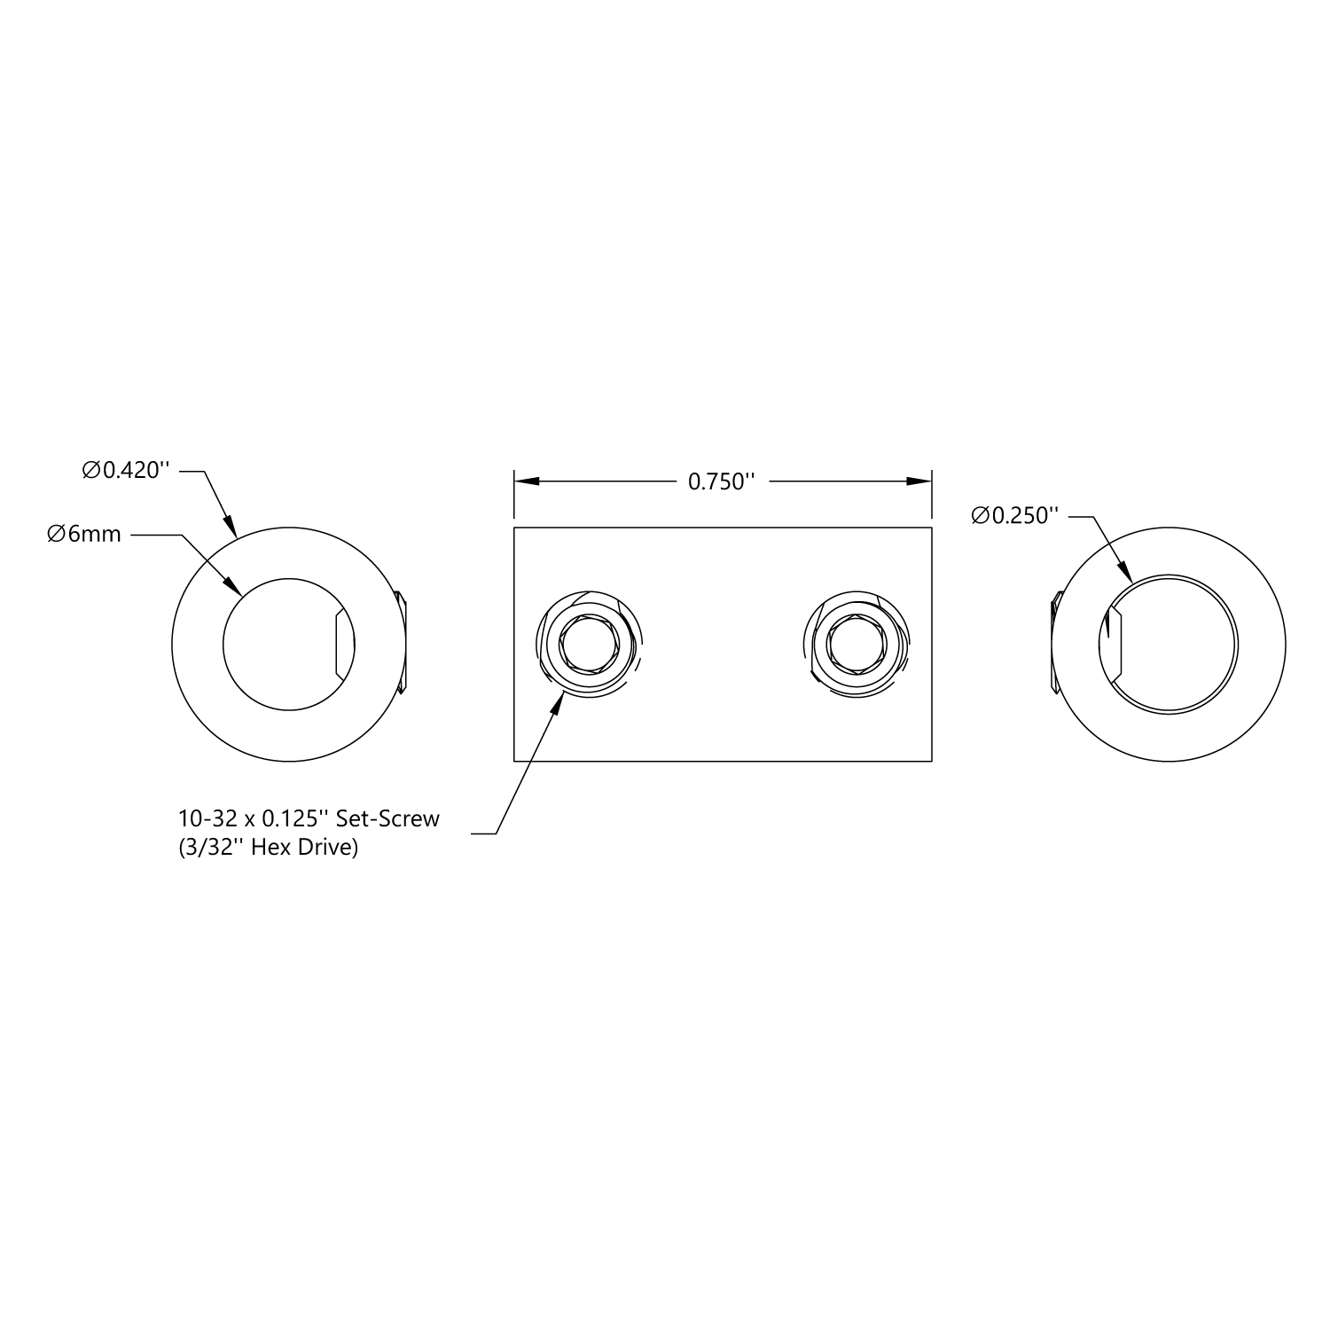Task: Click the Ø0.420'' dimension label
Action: click(x=126, y=471)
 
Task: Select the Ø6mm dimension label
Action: click(x=84, y=535)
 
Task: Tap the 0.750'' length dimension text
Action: click(x=722, y=481)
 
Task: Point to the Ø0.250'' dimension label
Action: click(x=1015, y=516)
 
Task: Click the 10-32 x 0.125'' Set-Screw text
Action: click(x=309, y=818)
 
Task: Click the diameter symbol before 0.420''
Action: click(x=91, y=471)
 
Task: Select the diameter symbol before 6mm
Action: click(x=56, y=535)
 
